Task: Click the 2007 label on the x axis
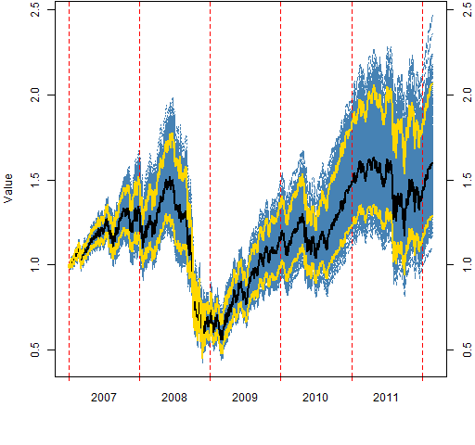tap(104, 397)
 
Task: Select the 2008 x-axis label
tap(174, 397)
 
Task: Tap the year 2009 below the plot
tap(245, 397)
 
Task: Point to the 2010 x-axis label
tap(315, 397)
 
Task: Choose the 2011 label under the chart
tap(386, 397)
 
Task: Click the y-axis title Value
tap(8, 188)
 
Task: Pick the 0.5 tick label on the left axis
tap(35, 350)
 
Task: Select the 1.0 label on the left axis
tap(35, 265)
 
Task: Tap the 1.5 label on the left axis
tap(35, 180)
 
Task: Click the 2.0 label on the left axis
tap(35, 95)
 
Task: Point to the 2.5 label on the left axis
tap(35, 9)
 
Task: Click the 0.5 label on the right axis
tap(468, 350)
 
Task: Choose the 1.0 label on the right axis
tap(468, 265)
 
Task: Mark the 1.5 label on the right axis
tap(468, 180)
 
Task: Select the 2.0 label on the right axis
tap(468, 95)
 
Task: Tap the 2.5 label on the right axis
tap(468, 9)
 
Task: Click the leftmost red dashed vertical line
tap(69, 189)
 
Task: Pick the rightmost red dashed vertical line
tap(422, 189)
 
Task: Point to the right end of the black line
tap(432, 163)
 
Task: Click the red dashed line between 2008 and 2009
tap(210, 189)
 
